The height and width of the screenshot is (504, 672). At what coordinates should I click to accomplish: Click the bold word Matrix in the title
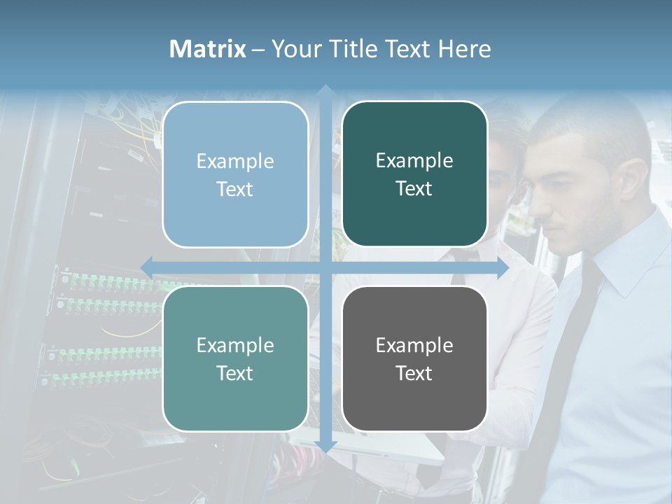208,49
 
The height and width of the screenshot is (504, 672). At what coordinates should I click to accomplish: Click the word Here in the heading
464,49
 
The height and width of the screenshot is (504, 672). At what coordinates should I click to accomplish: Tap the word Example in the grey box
414,345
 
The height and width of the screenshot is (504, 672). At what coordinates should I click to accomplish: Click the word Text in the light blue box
235,189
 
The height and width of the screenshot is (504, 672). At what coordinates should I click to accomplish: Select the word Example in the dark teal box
414,161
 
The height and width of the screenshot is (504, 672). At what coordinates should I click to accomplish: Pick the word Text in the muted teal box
235,373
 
